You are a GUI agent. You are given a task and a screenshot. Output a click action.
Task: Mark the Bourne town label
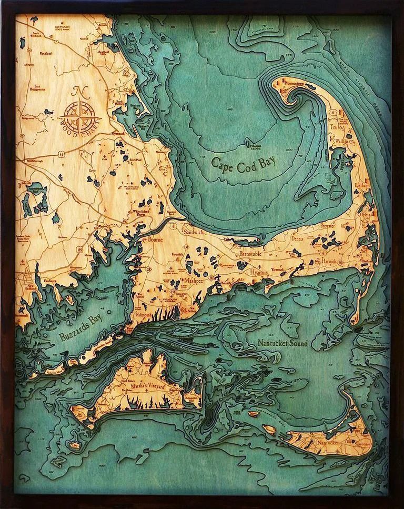click(x=156, y=239)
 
